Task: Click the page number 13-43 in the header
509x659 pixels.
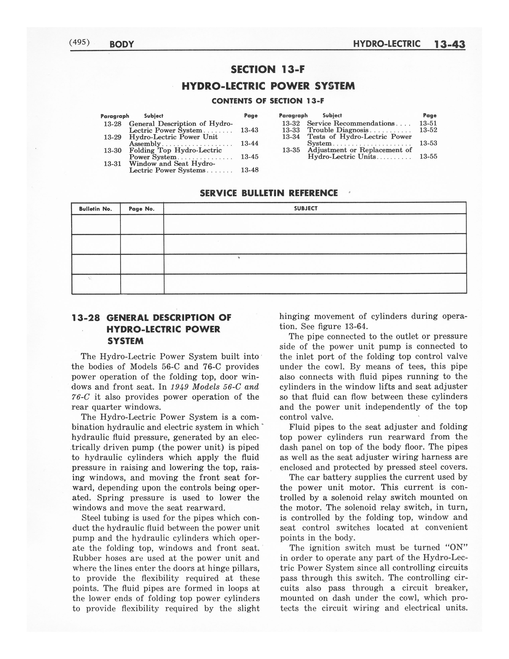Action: coord(450,45)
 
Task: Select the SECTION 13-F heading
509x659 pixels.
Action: coord(268,70)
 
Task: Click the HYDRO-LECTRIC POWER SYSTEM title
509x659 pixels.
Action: coord(268,86)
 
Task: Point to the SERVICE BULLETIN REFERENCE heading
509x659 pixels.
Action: coord(269,193)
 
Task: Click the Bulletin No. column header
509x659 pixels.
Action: coord(95,209)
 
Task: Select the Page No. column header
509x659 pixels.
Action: coord(142,209)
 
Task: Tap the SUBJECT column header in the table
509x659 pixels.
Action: coord(305,208)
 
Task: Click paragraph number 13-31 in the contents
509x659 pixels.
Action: coord(112,164)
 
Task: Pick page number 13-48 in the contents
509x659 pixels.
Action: coord(249,170)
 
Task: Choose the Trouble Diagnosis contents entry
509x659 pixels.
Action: coord(338,130)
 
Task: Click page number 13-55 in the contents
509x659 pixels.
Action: coord(428,157)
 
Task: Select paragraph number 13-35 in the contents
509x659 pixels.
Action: coord(291,150)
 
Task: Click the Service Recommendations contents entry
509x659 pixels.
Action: coord(351,123)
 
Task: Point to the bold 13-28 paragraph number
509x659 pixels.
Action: coord(86,318)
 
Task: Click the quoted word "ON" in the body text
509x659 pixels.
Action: coord(456,548)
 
